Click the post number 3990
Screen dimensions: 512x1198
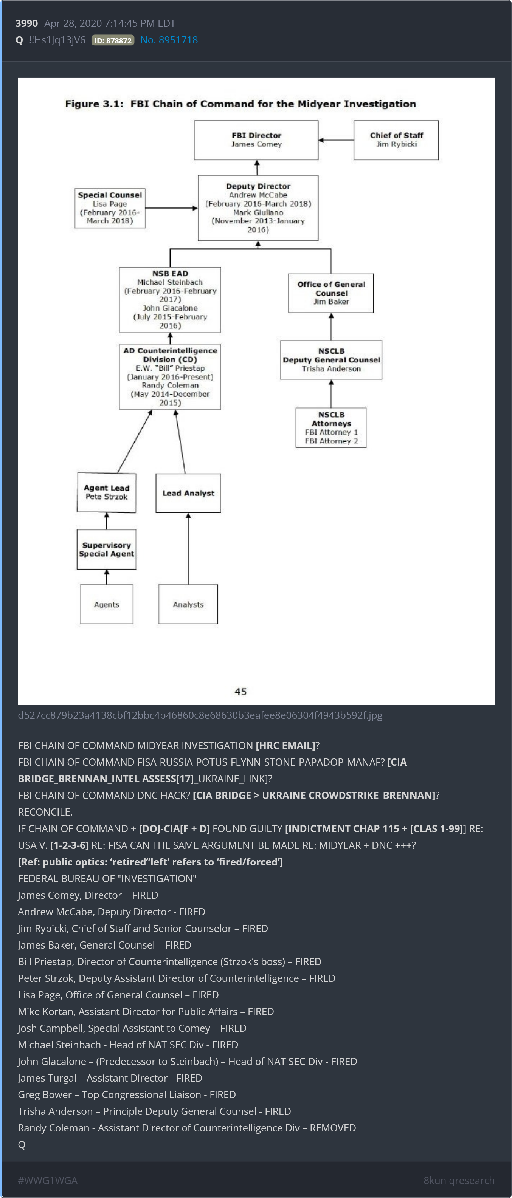tap(26, 23)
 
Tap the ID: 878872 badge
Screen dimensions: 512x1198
tap(113, 40)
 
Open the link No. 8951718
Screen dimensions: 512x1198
tap(169, 40)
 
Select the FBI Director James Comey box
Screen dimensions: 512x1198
tap(256, 140)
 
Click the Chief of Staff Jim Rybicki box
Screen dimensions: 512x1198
tap(396, 140)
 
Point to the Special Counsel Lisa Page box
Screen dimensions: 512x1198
tap(110, 208)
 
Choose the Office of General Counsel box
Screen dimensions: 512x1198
tap(331, 293)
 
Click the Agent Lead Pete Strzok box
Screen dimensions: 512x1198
tap(107, 492)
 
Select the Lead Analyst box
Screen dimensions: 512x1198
tap(188, 493)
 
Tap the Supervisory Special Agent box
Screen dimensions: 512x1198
tap(107, 549)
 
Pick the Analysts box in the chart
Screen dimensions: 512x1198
tap(188, 604)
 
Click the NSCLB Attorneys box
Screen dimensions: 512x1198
tap(331, 428)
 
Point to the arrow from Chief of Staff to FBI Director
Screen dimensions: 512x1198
tap(336, 140)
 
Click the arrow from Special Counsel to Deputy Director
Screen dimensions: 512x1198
tap(172, 208)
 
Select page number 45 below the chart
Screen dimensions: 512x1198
tap(240, 692)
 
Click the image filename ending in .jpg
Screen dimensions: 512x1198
tap(200, 715)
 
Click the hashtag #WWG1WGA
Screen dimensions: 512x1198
tap(48, 1180)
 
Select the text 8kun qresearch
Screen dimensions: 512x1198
tap(459, 1180)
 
